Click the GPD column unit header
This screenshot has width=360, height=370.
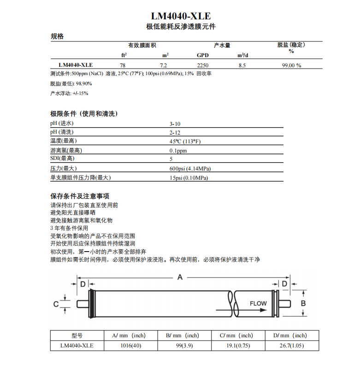pyautogui.click(x=203, y=55)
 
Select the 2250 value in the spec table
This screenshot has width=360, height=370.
pyautogui.click(x=203, y=65)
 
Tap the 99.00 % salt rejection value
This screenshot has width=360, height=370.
pyautogui.click(x=291, y=65)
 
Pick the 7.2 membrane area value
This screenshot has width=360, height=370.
pyautogui.click(x=163, y=65)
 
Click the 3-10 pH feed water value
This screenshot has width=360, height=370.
pyautogui.click(x=175, y=123)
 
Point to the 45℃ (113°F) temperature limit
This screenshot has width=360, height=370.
pyautogui.click(x=185, y=141)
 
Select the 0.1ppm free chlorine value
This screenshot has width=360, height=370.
pyautogui.click(x=178, y=151)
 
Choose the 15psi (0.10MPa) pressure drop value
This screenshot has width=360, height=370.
pyautogui.click(x=188, y=178)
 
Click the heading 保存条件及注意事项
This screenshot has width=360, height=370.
pyautogui.click(x=80, y=196)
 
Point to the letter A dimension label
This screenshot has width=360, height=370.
pyautogui.click(x=180, y=277)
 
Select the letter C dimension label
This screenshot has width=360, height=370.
pyautogui.click(x=56, y=304)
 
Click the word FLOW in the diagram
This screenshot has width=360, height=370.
pyautogui.click(x=258, y=304)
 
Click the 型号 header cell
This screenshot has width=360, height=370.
pyautogui.click(x=77, y=335)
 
